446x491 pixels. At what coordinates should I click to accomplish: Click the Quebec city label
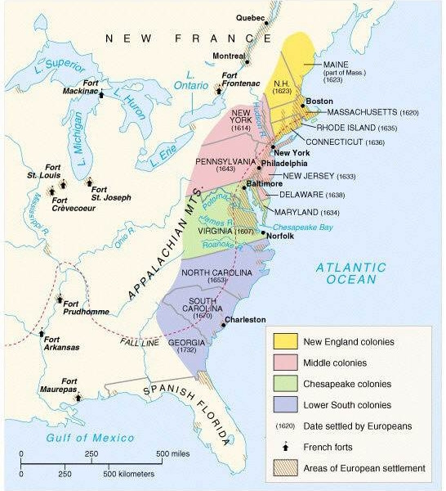click(x=251, y=16)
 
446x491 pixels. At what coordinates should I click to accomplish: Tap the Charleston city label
click(x=246, y=319)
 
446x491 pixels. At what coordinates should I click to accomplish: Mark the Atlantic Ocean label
click(x=350, y=273)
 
